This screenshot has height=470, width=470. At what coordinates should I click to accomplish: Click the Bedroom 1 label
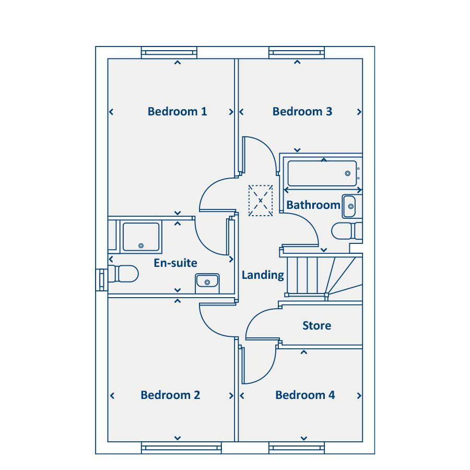[177, 112]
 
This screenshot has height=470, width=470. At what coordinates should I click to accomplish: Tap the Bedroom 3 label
[302, 112]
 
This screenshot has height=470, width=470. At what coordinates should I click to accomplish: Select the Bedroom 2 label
[170, 395]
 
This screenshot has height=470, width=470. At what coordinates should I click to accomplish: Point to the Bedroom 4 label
[305, 395]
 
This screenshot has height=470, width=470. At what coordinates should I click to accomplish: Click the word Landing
[263, 275]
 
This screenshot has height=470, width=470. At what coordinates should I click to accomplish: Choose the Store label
[317, 325]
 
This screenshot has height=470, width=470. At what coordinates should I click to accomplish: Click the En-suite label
[175, 263]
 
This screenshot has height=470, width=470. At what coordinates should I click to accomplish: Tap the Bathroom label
[313, 205]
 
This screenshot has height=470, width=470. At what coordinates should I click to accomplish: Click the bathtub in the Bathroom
[322, 173]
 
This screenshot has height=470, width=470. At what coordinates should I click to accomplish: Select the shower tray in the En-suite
[141, 237]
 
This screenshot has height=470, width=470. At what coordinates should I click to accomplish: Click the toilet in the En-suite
[123, 274]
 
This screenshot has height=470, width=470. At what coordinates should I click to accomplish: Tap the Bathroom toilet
[347, 231]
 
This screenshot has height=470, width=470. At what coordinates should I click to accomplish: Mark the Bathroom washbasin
[351, 206]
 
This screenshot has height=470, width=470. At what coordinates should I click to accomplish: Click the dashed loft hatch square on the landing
[261, 201]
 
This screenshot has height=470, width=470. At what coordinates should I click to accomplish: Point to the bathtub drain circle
[348, 173]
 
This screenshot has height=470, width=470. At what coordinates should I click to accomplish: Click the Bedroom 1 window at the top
[169, 52]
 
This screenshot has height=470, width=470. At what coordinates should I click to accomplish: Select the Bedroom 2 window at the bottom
[181, 448]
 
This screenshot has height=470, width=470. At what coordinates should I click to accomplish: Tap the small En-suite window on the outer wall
[102, 280]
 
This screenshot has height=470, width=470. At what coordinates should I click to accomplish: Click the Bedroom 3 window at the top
[297, 52]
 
